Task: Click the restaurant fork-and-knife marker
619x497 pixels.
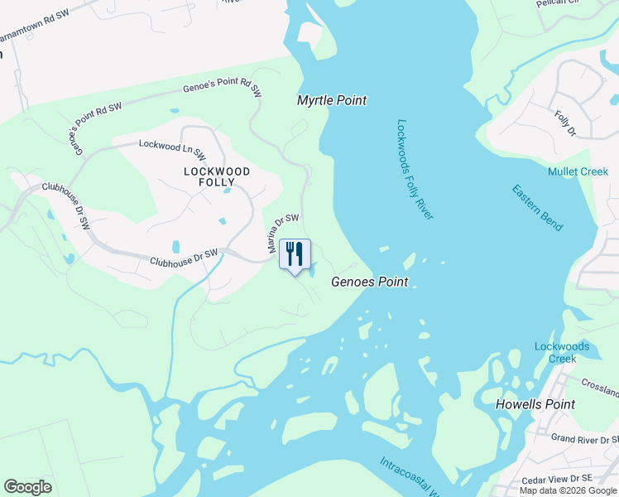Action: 295,254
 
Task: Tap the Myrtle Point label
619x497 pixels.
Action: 332,100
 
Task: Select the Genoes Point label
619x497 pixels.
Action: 369,282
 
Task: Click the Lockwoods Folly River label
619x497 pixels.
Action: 415,169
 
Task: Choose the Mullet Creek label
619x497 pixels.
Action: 578,171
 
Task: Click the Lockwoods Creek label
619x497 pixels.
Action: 562,352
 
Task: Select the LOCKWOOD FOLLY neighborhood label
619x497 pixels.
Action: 217,176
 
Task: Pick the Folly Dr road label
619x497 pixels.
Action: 565,123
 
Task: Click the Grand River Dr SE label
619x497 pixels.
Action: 584,438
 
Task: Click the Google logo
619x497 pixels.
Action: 27,487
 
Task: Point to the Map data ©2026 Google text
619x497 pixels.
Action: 568,490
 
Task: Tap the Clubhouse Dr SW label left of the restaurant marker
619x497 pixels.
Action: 184,258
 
